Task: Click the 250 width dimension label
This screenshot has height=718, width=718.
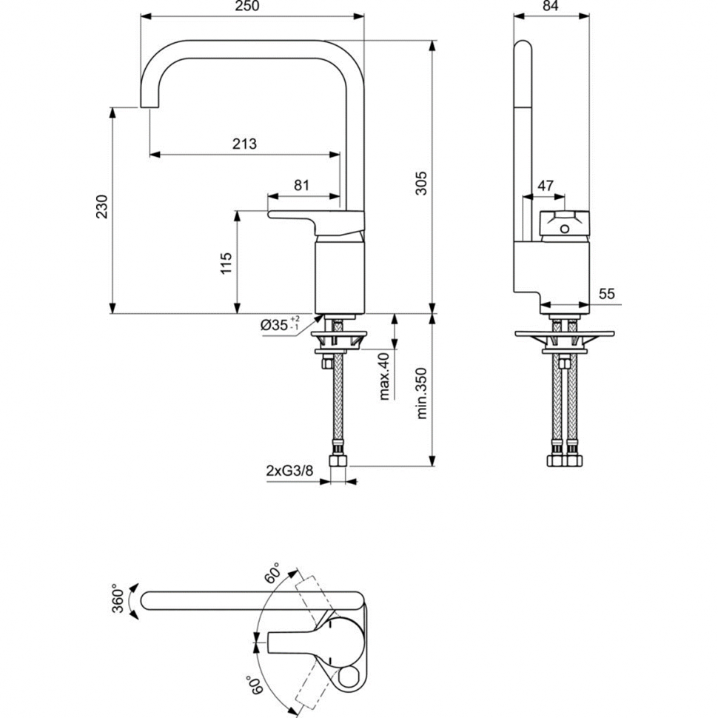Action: tap(247, 6)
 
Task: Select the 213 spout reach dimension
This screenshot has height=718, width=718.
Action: tap(244, 144)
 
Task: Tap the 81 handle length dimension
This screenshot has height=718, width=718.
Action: tap(301, 186)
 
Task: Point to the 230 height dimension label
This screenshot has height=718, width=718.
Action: tap(101, 207)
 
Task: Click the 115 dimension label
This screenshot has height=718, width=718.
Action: tap(227, 264)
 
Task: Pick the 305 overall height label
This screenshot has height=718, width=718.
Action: tap(421, 183)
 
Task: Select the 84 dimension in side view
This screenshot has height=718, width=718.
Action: tap(551, 6)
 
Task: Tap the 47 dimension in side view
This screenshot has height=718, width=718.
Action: tap(546, 186)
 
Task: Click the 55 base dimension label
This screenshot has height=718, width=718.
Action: tap(607, 294)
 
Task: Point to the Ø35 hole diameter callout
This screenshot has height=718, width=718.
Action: tap(280, 324)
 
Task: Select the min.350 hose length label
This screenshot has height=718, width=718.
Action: tap(421, 394)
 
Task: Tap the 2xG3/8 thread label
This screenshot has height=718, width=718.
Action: tap(289, 470)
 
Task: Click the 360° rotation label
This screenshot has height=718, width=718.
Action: tap(118, 598)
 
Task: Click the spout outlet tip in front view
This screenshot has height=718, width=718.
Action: tap(150, 107)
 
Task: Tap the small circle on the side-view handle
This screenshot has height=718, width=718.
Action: tap(565, 229)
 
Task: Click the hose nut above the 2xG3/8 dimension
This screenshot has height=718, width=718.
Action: tap(338, 460)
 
